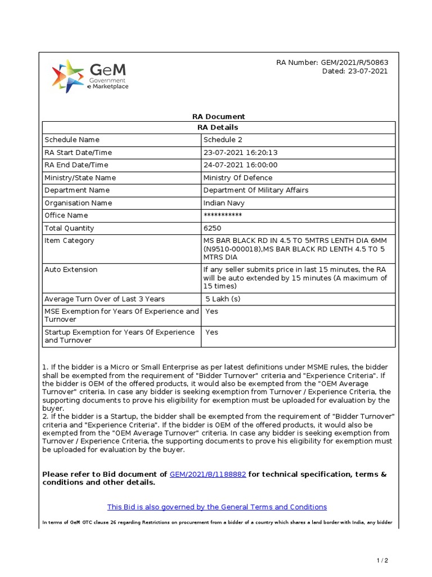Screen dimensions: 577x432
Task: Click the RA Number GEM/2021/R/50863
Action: (332, 63)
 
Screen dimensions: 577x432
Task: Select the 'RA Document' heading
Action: (218, 117)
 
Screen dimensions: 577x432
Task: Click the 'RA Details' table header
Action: (218, 127)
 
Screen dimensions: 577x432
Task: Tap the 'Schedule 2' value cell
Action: (223, 140)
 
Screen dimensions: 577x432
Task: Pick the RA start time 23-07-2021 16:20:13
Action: (240, 153)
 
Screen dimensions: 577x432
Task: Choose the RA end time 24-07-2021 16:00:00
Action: (240, 165)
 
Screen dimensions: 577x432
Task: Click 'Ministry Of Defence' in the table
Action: (237, 178)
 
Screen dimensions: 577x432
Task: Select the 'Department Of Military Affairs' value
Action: (255, 190)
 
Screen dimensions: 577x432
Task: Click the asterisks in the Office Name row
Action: (223, 216)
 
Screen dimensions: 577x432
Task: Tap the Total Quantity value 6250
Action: (212, 228)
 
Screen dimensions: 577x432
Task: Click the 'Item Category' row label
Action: (69, 241)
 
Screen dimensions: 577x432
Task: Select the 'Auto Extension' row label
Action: (71, 269)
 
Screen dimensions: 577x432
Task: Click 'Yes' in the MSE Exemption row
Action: (211, 311)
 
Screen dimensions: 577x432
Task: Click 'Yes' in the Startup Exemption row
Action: (211, 332)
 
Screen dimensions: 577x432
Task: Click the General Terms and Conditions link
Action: (217, 507)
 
